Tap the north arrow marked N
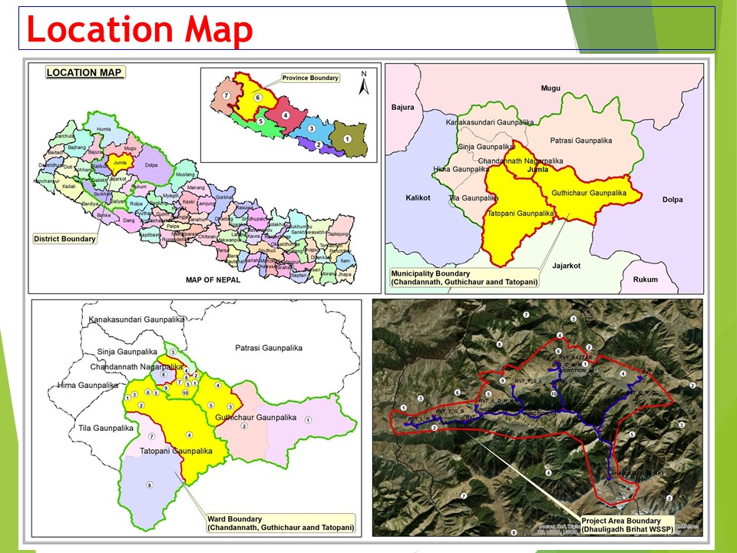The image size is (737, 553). point(365,82)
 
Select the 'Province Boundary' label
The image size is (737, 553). point(310,78)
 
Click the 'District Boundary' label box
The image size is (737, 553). point(65,239)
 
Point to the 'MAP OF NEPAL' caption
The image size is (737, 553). point(213,280)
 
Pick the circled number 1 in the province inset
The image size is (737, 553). point(347,139)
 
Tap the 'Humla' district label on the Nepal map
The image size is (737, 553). point(104,130)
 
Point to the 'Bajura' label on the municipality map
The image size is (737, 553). point(403,108)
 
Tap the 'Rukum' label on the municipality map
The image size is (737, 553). point(646,280)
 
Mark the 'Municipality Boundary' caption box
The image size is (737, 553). point(464,278)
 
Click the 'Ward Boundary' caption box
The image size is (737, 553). point(280,523)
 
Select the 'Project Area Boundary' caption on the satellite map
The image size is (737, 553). point(622,525)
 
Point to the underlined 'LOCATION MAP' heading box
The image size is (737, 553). point(84,73)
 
